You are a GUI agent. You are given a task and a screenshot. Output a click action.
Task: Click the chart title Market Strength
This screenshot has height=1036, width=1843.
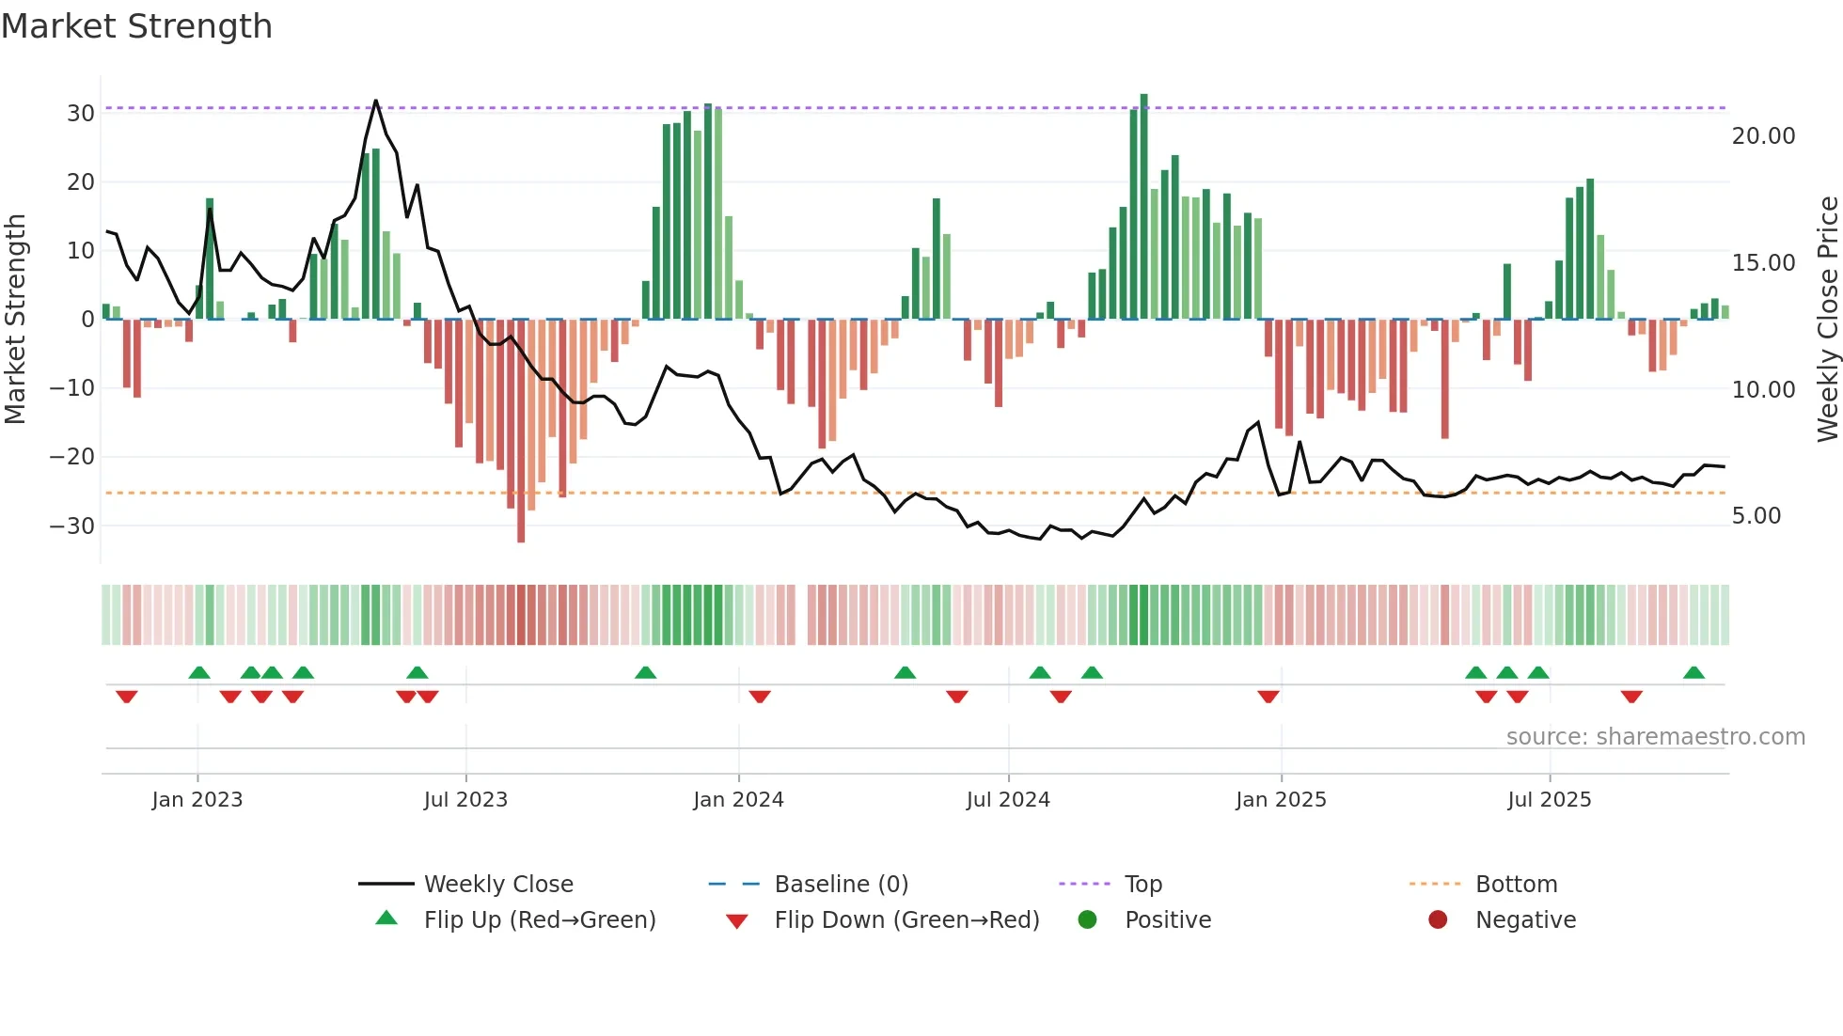pos(136,26)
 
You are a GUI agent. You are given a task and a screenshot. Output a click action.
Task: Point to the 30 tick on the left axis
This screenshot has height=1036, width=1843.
pos(81,114)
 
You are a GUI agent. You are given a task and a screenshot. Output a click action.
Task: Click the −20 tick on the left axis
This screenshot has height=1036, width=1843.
pos(72,457)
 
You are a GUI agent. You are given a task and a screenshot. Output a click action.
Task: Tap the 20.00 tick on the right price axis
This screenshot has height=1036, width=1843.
pos(1763,136)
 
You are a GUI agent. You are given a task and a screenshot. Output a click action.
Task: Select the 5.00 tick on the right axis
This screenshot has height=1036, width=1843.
pos(1756,516)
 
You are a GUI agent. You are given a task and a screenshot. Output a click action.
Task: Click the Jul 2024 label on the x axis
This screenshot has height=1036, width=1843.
pos(1007,800)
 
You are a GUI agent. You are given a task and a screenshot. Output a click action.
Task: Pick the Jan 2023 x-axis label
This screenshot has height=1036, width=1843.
pos(197,800)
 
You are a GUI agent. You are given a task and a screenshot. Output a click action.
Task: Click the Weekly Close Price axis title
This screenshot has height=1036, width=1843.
pos(1827,320)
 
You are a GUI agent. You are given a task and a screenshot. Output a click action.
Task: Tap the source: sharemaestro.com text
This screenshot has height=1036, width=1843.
pos(1655,737)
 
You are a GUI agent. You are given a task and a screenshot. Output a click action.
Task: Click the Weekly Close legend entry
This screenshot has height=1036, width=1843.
pos(497,885)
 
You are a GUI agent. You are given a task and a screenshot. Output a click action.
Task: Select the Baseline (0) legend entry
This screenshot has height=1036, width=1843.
pos(841,885)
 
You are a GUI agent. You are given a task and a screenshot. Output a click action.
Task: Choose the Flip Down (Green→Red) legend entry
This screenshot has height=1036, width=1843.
pos(906,920)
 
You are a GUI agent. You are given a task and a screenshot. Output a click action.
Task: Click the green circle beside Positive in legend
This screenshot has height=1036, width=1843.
pos(1087,920)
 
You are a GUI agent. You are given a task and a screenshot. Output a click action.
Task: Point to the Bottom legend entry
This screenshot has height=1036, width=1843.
pos(1516,885)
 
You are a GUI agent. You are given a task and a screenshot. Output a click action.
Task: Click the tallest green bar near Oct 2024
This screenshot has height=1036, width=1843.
pos(1143,207)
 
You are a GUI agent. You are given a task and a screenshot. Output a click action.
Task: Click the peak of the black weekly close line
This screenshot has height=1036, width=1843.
pos(375,101)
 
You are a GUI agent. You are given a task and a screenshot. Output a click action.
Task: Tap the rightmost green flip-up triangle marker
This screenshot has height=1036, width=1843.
pos(1693,673)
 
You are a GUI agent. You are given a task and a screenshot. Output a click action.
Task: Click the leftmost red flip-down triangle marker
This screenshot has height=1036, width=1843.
pos(126,697)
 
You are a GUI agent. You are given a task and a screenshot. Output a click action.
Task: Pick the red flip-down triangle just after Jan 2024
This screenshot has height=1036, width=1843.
pos(760,697)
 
